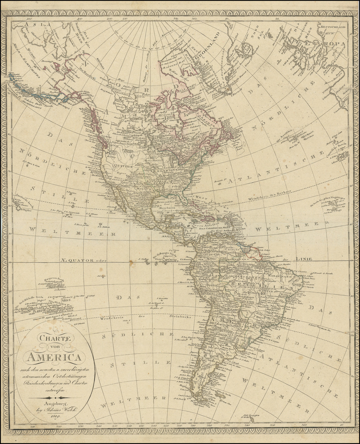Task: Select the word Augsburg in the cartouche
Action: coord(52,404)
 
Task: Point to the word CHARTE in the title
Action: coord(51,340)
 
